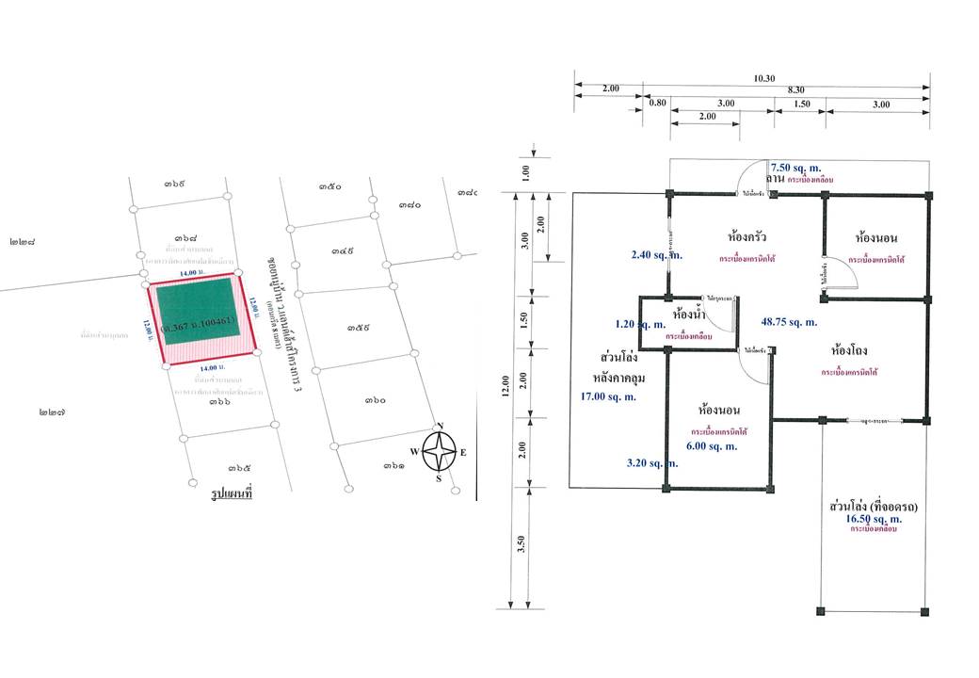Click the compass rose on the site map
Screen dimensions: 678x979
pos(439,452)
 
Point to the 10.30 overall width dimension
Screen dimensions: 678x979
pos(762,79)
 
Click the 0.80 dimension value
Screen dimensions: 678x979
pos(657,105)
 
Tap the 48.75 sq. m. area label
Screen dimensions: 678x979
pos(789,322)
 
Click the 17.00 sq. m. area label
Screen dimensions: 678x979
pos(609,396)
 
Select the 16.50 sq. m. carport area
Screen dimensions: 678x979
pos(874,519)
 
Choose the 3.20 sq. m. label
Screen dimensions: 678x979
pos(652,463)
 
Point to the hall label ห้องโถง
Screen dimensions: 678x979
pos(849,350)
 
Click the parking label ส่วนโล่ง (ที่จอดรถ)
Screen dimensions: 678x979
pos(875,507)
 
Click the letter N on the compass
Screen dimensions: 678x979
pos(439,425)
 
